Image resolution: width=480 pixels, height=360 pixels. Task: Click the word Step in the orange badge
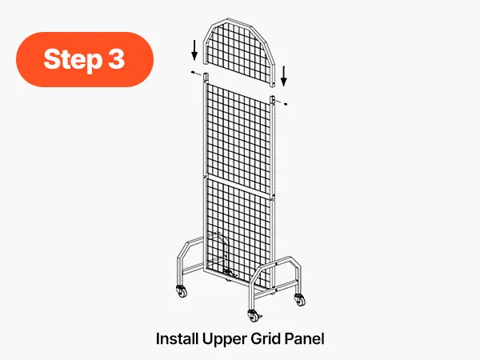click(x=73, y=59)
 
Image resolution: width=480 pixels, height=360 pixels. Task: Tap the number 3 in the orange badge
click(x=117, y=58)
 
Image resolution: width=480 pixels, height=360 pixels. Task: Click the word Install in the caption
click(x=177, y=339)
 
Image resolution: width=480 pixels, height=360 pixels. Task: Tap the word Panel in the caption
click(x=304, y=339)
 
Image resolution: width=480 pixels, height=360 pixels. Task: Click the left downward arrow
click(x=194, y=50)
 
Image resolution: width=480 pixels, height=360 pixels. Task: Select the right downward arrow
click(x=284, y=76)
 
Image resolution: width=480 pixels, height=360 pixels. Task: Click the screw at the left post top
click(x=194, y=72)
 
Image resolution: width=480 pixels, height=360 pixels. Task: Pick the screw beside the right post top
click(x=286, y=104)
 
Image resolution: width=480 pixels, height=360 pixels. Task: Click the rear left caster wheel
click(x=182, y=291)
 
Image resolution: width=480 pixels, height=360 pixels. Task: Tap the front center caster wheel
click(x=254, y=316)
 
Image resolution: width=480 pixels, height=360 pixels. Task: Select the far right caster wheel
click(x=300, y=299)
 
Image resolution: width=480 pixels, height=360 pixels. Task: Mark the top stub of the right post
click(x=273, y=101)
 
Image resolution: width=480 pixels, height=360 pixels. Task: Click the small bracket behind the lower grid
click(x=223, y=254)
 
